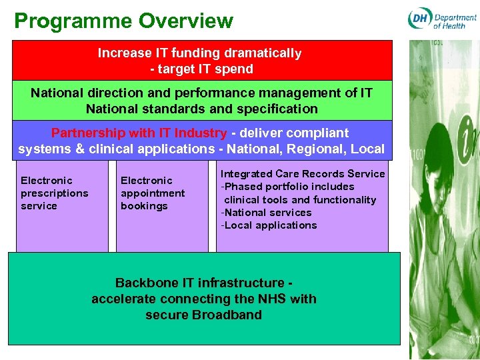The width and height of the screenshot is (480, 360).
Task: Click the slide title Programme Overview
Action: click(124, 21)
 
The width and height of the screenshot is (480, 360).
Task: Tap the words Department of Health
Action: click(455, 21)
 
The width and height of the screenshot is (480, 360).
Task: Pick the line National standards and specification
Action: click(202, 109)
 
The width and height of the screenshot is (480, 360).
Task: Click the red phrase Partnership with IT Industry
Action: click(139, 133)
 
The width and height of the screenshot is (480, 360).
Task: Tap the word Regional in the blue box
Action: click(317, 149)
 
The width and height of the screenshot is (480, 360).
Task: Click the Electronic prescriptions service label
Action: click(54, 193)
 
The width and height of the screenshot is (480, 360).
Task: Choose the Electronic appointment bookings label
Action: click(153, 193)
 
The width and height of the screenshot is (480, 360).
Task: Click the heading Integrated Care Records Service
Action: click(303, 174)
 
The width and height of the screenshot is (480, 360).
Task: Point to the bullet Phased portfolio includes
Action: click(288, 187)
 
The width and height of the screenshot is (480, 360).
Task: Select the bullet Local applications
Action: click(269, 225)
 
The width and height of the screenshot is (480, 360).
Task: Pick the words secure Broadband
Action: click(203, 315)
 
